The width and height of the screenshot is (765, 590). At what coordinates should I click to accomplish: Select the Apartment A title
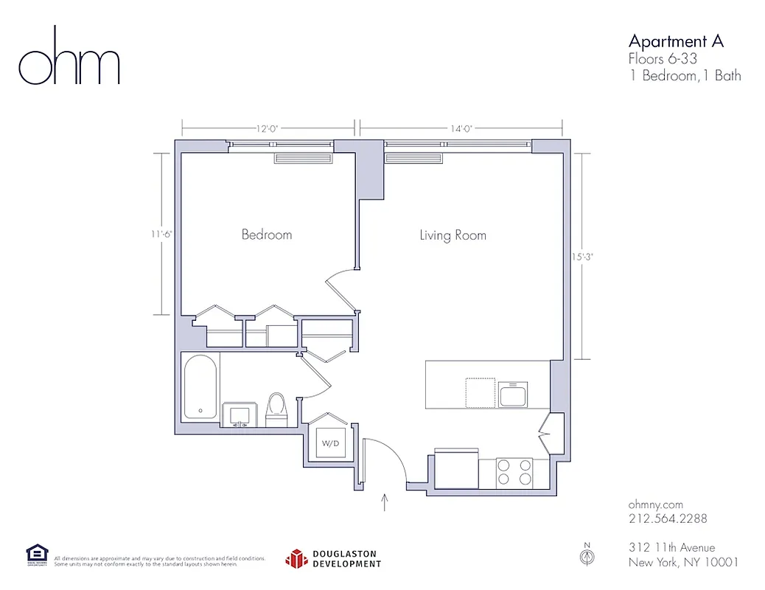point(676,41)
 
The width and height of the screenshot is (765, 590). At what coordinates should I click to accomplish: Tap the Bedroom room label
point(267,235)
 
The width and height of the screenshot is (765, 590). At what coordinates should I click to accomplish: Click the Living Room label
point(453,235)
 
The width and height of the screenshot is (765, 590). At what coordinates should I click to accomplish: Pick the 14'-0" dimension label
point(461,128)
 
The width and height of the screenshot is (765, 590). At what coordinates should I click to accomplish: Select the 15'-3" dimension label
point(581,257)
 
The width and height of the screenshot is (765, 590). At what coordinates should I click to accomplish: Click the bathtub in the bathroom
point(200,387)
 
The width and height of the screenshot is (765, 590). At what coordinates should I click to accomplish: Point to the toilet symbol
point(276,408)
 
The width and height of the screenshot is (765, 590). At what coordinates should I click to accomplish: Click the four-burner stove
point(514,471)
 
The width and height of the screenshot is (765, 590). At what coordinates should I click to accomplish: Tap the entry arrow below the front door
point(384,502)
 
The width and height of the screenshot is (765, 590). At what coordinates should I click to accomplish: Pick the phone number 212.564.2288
point(668,518)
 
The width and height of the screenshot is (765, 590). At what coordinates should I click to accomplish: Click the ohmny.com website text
point(655,504)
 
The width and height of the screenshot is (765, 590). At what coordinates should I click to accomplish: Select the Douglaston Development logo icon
point(296,558)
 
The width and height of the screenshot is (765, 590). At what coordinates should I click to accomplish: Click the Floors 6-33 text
point(663,59)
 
